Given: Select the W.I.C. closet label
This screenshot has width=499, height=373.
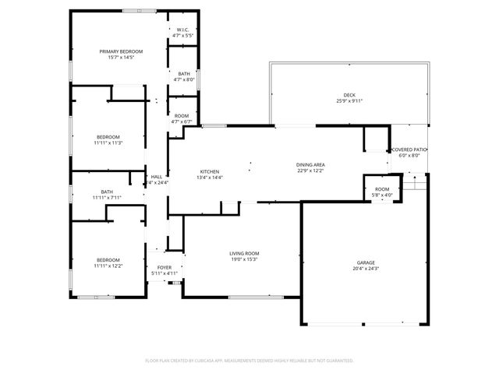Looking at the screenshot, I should (x=183, y=30).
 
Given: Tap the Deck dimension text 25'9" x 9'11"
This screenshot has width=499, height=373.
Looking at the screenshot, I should (x=349, y=100).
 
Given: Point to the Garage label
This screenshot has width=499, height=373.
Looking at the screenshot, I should (x=366, y=262).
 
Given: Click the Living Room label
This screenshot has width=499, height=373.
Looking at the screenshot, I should (x=244, y=253).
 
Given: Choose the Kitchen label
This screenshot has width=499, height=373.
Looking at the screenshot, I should (x=210, y=171).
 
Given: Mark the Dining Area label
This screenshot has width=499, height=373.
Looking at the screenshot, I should (x=310, y=164).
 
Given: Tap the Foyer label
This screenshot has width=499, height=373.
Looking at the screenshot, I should (x=165, y=267).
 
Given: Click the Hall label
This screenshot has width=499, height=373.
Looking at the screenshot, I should (x=157, y=176).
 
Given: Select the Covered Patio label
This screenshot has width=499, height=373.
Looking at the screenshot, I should (x=409, y=150).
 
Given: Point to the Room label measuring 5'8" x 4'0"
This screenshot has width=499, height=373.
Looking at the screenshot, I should (x=382, y=189).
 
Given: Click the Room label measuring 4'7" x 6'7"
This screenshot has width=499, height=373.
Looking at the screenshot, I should (x=181, y=116).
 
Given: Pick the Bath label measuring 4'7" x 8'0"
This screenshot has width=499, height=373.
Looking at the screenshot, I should (x=183, y=73).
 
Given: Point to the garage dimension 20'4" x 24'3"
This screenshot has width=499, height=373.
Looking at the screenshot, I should (x=366, y=269).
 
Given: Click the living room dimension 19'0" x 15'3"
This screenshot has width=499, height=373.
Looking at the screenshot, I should (x=244, y=260).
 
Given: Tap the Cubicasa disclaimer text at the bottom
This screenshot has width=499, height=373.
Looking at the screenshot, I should (x=249, y=361).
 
